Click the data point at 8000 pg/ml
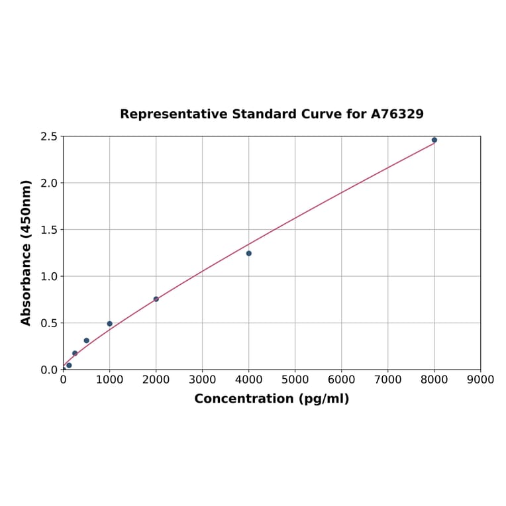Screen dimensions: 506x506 434,140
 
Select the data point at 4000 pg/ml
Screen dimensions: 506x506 249,253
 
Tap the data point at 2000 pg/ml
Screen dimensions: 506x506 156,299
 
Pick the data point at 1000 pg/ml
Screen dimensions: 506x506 110,324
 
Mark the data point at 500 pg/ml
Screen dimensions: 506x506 87,340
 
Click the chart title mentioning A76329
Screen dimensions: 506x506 272,115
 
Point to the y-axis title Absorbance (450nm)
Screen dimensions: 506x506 26,252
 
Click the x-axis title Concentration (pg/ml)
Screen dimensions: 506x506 272,399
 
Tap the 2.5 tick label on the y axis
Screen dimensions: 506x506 49,136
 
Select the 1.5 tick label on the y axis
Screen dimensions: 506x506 49,230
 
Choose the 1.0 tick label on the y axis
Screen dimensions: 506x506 49,276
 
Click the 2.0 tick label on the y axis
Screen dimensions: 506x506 49,183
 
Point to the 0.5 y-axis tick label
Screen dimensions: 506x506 49,323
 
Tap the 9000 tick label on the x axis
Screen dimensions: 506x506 480,380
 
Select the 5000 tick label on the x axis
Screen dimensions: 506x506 295,380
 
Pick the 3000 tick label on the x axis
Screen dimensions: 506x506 203,380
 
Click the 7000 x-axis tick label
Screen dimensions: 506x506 388,380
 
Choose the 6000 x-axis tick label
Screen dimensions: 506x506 342,380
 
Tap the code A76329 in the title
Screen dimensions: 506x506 397,115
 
